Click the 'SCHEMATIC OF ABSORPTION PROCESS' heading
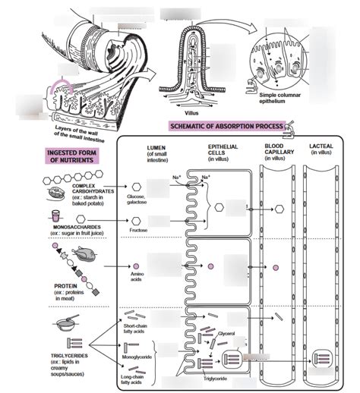pyautogui.click(x=227, y=126)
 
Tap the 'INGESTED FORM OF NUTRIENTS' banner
pyautogui.click(x=65, y=156)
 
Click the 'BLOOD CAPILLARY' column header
pyautogui.click(x=279, y=152)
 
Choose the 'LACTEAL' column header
pyautogui.click(x=327, y=149)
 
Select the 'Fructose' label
pyautogui.click(x=138, y=229)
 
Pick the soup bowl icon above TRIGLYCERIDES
pyautogui.click(x=64, y=324)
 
